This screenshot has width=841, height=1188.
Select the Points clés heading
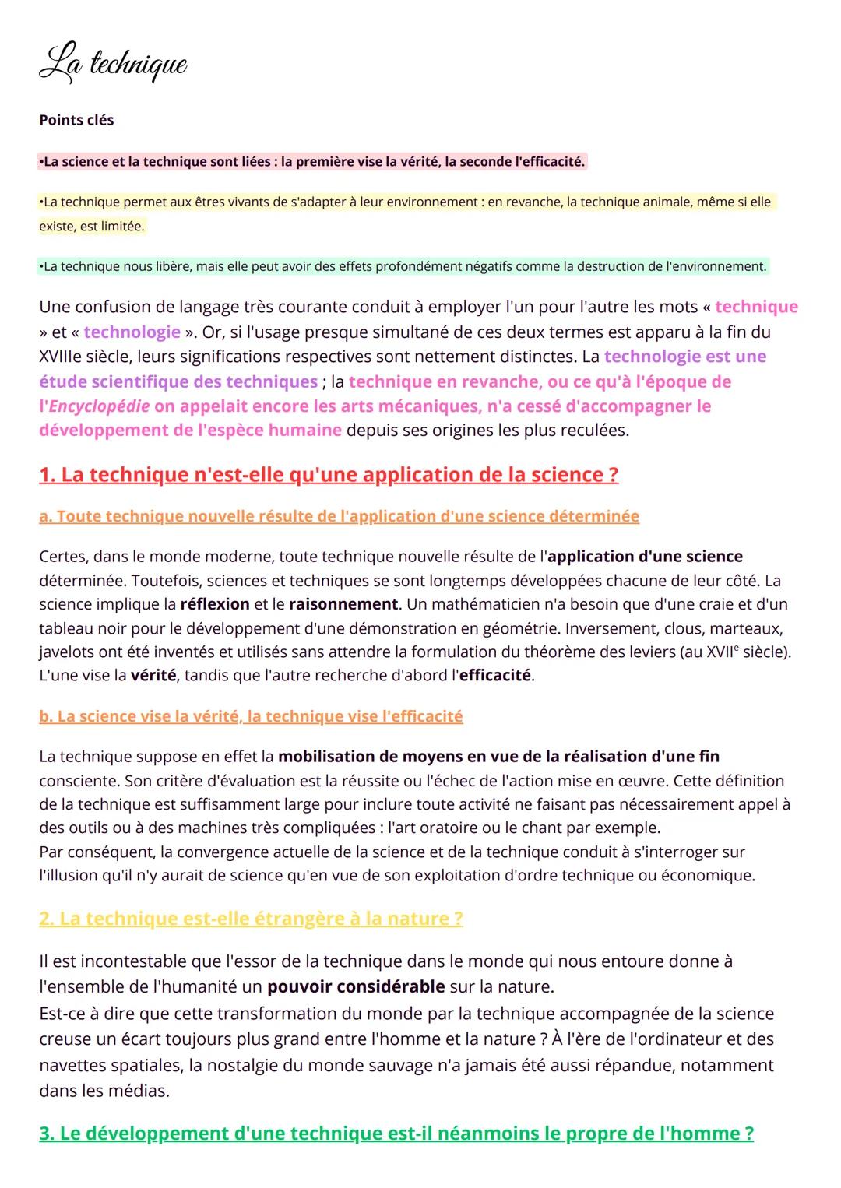pyautogui.click(x=76, y=120)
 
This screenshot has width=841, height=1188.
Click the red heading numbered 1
pyautogui.click(x=329, y=475)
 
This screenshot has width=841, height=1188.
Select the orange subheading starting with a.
pyautogui.click(x=339, y=516)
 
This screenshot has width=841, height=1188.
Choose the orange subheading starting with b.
pyautogui.click(x=251, y=716)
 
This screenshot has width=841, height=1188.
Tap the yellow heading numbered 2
pyautogui.click(x=251, y=919)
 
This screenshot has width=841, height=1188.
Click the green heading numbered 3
pyautogui.click(x=396, y=1134)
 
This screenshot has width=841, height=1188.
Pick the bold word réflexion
pyautogui.click(x=214, y=604)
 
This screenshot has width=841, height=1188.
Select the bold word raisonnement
pyautogui.click(x=343, y=604)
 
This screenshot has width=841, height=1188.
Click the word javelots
pyautogui.click(x=66, y=652)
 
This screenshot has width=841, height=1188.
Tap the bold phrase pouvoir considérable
pyautogui.click(x=356, y=987)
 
